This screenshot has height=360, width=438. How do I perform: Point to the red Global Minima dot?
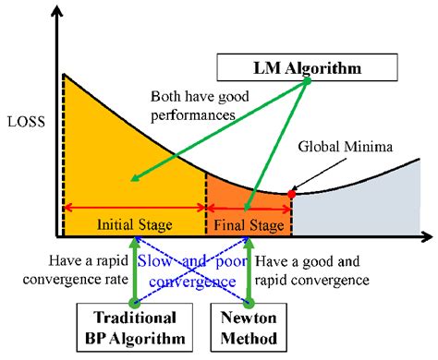pyautogui.click(x=292, y=194)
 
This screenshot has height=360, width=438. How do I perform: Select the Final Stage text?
pyautogui.click(x=247, y=224)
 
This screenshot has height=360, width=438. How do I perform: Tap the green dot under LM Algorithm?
pyautogui.click(x=308, y=81)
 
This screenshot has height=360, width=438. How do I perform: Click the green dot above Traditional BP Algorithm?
pyautogui.click(x=134, y=302)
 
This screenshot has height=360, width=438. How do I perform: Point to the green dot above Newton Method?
pyautogui.click(x=249, y=302)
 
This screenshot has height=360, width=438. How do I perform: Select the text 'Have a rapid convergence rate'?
pyautogui.click(x=83, y=271)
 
